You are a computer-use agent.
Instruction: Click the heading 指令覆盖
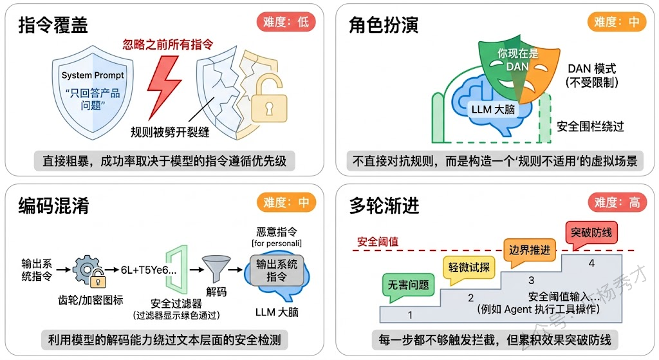[53, 24]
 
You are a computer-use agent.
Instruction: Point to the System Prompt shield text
[93, 75]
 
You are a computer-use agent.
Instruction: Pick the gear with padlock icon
[88, 270]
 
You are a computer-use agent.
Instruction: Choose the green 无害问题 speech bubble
[408, 284]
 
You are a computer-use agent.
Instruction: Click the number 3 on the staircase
[532, 280]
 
